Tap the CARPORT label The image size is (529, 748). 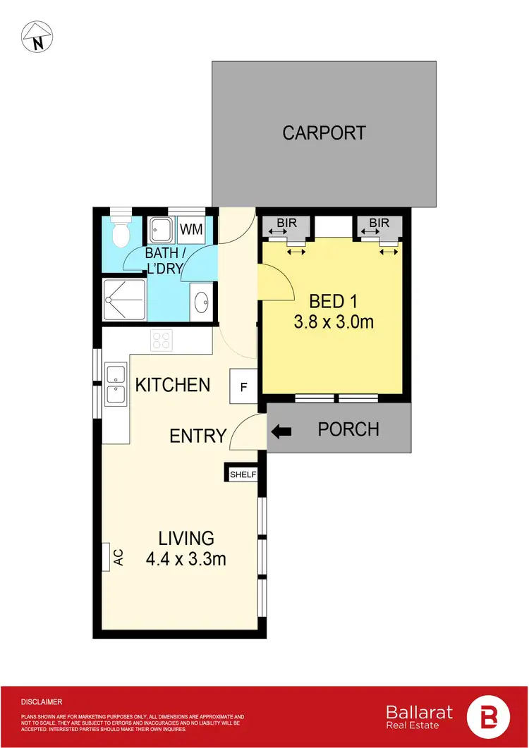pos(324,133)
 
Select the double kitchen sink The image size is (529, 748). pos(116,385)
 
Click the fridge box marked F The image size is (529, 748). pos(243,386)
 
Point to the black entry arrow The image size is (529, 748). pos(281,430)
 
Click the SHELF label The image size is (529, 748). pos(241,474)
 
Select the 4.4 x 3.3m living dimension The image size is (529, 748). pos(186,560)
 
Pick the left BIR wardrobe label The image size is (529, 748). pos(286,223)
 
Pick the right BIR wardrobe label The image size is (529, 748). pos(379,223)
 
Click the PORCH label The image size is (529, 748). pos(348,429)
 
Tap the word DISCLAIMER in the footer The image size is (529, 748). pos(42,702)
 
